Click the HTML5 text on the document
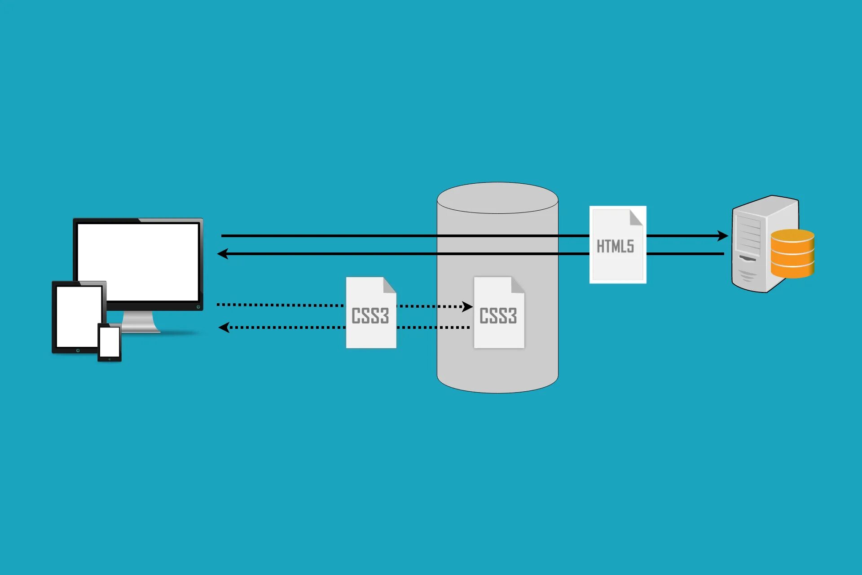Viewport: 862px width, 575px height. (615, 246)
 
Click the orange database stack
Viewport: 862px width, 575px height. (792, 253)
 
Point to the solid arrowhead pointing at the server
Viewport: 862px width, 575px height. (722, 236)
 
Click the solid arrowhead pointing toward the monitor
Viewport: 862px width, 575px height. (223, 254)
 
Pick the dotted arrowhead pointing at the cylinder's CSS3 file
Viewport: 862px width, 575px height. (467, 307)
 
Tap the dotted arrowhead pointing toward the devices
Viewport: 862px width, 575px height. (224, 327)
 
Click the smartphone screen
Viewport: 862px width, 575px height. (110, 342)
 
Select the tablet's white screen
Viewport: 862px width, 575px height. (79, 317)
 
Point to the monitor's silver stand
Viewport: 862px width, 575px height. (139, 322)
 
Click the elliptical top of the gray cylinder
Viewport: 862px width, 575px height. (497, 198)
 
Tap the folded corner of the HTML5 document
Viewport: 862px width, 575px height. (636, 217)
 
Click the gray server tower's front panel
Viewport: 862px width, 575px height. (748, 247)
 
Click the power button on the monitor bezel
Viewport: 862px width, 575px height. (198, 307)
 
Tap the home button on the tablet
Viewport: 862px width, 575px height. (78, 350)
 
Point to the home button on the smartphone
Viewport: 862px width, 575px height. (110, 359)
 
